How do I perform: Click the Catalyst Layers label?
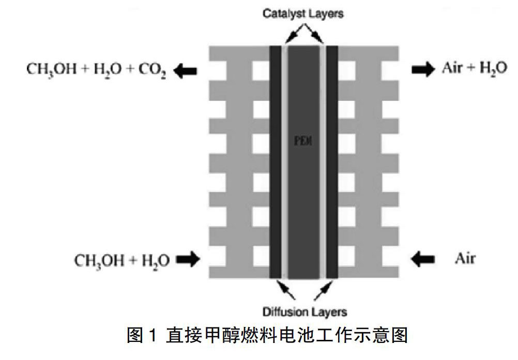pos(303,13)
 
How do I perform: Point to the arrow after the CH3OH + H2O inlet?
pos(187,259)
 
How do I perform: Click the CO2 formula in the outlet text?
pos(153,71)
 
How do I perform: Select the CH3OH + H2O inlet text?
pos(122,260)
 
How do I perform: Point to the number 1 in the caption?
pos(153,337)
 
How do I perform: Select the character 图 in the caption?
pos(135,336)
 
